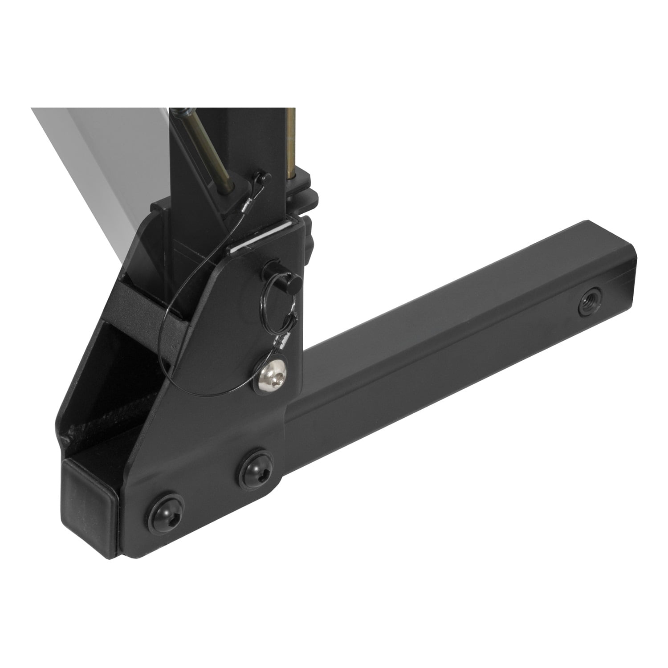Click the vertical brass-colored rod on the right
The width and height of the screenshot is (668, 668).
pos(291,143)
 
